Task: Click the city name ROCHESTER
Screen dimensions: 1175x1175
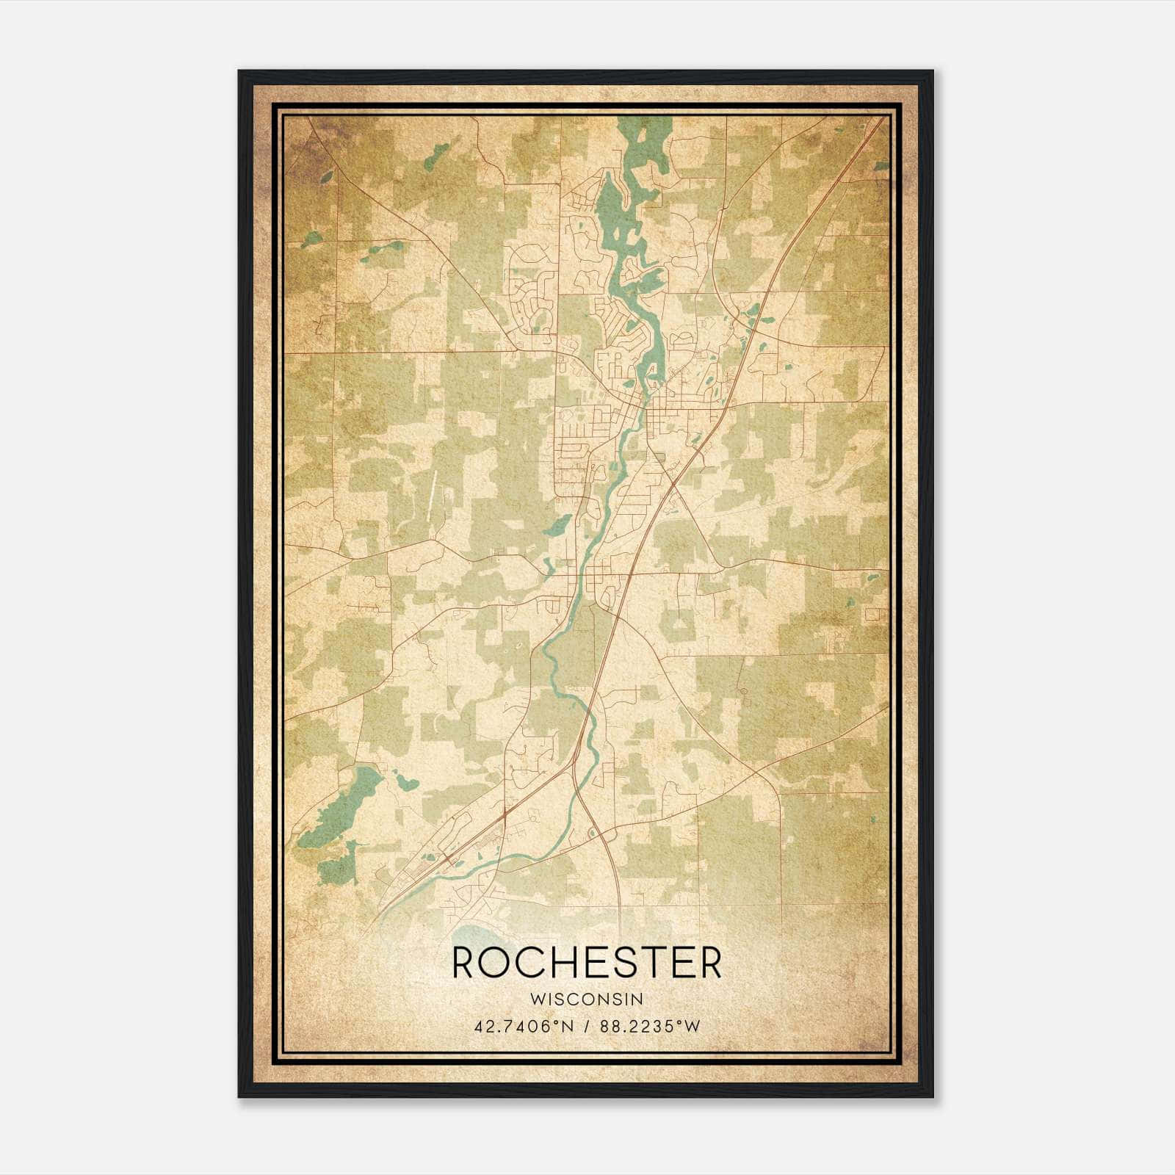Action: pos(587,963)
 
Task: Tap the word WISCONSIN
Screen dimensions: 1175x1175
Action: pos(587,999)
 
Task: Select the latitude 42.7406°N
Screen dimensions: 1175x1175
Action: pos(524,1026)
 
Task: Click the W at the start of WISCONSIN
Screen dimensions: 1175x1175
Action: pos(535,999)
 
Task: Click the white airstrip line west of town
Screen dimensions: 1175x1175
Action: pos(432,496)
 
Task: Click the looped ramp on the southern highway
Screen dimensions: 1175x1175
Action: pos(593,833)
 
